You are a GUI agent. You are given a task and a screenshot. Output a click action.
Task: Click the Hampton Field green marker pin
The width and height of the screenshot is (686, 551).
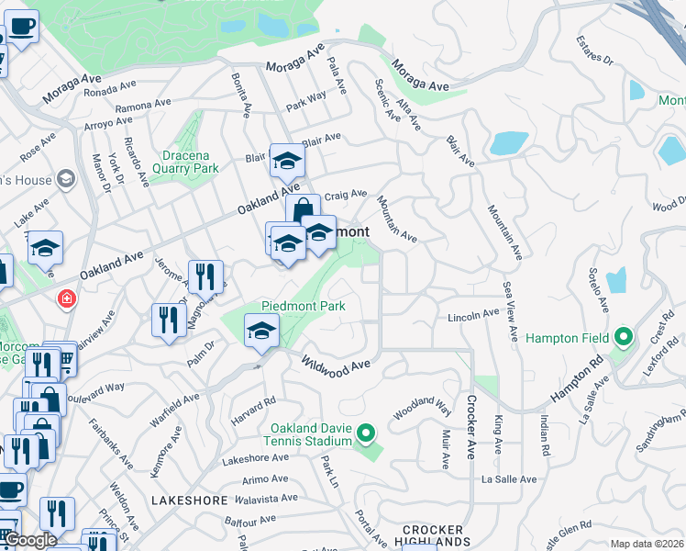coord(623,338)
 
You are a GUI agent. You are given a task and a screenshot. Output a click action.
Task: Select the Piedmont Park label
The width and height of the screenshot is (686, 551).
coord(303,306)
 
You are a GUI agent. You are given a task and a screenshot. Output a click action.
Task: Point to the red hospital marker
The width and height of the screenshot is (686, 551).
coord(66,298)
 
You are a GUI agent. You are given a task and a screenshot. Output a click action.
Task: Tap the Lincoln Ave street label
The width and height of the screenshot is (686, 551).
coord(473,316)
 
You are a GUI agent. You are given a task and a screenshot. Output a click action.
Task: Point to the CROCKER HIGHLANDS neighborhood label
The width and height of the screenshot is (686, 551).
coord(436,536)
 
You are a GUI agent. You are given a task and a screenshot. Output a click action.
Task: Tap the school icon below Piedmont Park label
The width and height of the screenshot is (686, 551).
coord(261,331)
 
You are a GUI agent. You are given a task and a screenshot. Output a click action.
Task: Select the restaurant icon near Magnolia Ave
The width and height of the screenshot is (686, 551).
coord(205,276)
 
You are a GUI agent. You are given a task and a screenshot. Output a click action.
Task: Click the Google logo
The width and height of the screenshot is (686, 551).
coord(30,541)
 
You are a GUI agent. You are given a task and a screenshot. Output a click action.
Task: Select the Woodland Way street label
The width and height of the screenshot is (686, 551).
coord(423,408)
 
